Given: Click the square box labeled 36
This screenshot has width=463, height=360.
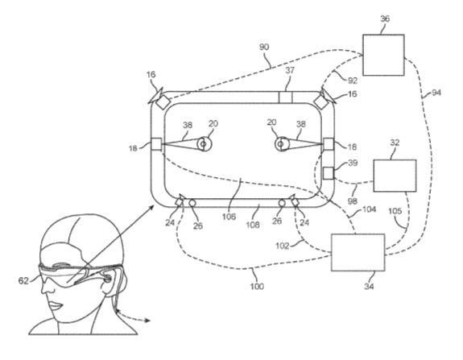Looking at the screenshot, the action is (383, 55).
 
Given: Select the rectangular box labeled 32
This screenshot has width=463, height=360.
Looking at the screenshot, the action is (395, 176).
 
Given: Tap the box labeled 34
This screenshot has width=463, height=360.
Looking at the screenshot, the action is (358, 253).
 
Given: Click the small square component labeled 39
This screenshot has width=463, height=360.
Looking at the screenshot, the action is (329, 173).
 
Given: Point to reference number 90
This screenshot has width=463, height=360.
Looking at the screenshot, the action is (264, 47).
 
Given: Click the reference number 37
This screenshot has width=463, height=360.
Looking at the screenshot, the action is (290, 70).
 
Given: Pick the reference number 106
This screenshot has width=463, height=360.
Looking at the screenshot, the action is (229, 217).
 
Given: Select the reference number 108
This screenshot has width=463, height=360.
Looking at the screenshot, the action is (253, 225).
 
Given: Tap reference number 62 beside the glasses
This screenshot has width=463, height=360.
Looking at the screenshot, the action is (23, 280).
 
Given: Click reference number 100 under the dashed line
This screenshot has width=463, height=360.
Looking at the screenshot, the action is (257, 286).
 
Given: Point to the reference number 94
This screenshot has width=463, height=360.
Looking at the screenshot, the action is (436, 93).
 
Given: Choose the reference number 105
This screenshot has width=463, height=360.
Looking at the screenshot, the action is (395, 211).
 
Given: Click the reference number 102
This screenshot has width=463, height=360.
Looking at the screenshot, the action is (282, 246).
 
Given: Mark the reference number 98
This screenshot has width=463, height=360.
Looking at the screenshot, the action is (353, 201).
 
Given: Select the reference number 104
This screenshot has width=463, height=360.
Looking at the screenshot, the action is (369, 209).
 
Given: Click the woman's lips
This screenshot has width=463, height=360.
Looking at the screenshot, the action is (56, 305).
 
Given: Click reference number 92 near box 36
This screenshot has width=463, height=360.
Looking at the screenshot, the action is (353, 81).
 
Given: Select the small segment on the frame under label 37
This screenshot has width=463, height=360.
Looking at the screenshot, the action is (286, 97).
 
